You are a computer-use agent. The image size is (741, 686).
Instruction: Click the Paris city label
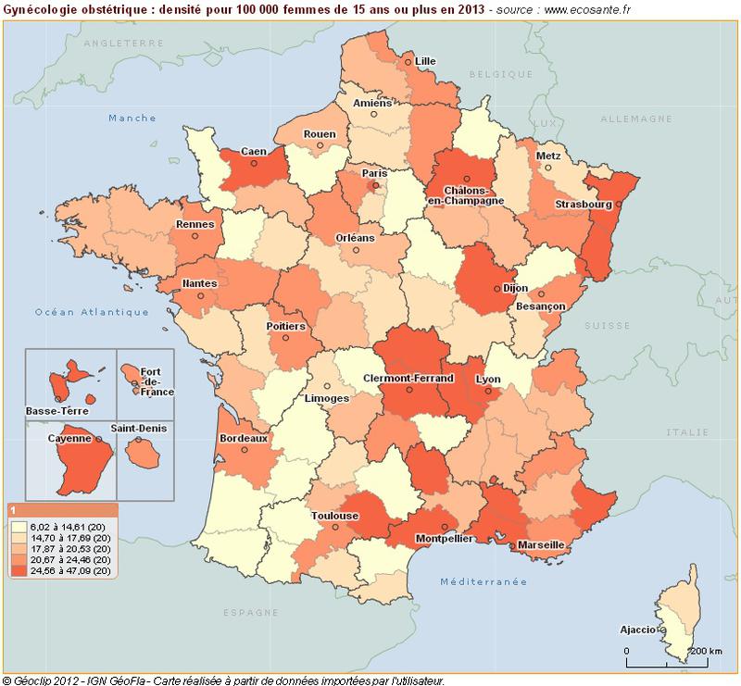[374, 173]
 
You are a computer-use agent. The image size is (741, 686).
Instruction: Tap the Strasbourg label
[584, 204]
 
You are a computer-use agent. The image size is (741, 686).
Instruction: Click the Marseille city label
[542, 545]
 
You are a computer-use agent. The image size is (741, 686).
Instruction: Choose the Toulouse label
[334, 516]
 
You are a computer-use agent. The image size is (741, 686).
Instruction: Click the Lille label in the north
[425, 61]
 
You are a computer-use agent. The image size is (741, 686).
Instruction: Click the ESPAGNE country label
[251, 613]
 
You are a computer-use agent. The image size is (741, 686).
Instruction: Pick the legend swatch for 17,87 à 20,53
[19, 549]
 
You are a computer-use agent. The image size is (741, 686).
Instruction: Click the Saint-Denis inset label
[139, 429]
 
